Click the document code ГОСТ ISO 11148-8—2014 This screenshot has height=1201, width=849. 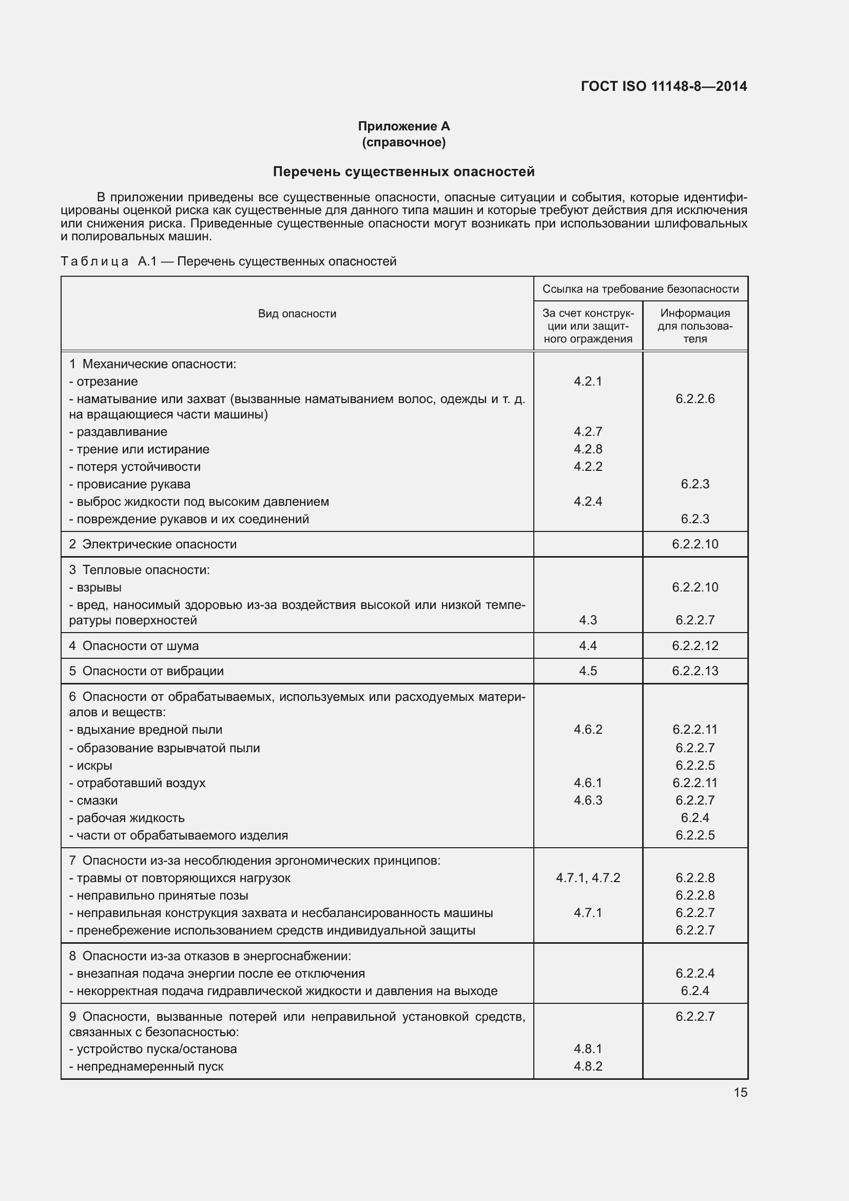click(663, 86)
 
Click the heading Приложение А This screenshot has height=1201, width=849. click(403, 126)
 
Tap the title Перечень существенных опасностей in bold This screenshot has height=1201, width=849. click(403, 171)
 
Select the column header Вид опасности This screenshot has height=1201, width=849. click(297, 314)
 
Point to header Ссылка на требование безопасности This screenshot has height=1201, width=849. click(641, 289)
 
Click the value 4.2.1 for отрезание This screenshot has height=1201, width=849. click(588, 382)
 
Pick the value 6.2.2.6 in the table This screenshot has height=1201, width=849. click(695, 398)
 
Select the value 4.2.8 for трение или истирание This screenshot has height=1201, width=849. click(588, 449)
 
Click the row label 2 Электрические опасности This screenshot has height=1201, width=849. click(152, 544)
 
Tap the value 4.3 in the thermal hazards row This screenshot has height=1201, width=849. click(588, 620)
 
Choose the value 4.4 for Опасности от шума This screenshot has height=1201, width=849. click(588, 645)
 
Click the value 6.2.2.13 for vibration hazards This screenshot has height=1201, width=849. click(695, 671)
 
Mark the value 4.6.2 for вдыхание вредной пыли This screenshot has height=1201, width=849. click(588, 729)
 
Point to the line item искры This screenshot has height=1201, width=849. click(94, 765)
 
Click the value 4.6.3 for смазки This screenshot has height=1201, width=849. click(588, 800)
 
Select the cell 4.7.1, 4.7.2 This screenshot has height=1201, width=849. click(588, 878)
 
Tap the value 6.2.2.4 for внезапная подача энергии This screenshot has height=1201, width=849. click(695, 973)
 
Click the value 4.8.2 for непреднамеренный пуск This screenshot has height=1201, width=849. click(588, 1066)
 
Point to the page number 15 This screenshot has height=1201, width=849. click(740, 1092)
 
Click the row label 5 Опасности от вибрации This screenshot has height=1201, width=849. click(146, 671)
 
